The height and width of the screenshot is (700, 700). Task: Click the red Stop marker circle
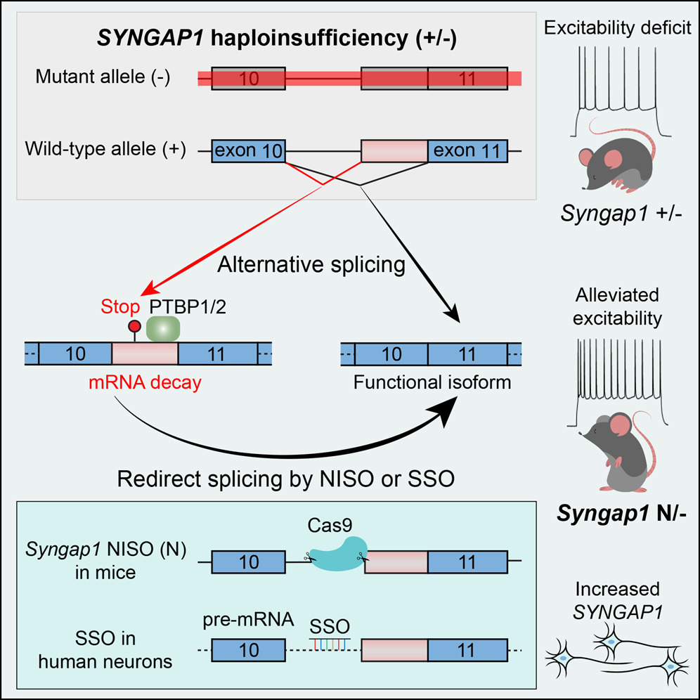pos(134,326)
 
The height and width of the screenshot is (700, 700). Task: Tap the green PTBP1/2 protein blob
pos(163,329)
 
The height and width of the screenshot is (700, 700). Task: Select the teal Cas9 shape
pos(338,554)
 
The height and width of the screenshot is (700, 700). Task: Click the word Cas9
pos(330,526)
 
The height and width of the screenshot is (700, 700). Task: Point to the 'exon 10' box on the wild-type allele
pos(248,151)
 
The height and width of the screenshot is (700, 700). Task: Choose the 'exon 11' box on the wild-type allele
pos(467,151)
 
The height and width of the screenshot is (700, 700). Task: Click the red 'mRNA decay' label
pos(145,382)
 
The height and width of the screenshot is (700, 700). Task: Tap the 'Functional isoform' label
pos(432,382)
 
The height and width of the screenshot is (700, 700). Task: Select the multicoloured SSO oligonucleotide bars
pos(330,644)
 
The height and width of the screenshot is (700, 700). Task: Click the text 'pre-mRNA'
pos(248,620)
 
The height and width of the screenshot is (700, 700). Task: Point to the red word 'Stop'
pos(120,306)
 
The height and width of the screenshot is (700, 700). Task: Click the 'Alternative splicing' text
pos(311,265)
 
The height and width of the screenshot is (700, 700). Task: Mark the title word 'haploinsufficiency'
pos(309,39)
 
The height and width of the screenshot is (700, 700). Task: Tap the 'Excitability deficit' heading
pos(618,27)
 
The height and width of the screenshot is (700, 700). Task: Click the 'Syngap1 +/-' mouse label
pos(621,214)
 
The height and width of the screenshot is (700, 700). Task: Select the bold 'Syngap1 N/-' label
pos(621,514)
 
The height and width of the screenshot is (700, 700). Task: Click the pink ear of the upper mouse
pos(613,158)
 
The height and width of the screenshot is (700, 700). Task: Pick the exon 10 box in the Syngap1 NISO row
pos(248,562)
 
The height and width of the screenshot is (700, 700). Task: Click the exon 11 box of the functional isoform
pos(467,354)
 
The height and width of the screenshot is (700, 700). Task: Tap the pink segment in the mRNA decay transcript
pos(145,354)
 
